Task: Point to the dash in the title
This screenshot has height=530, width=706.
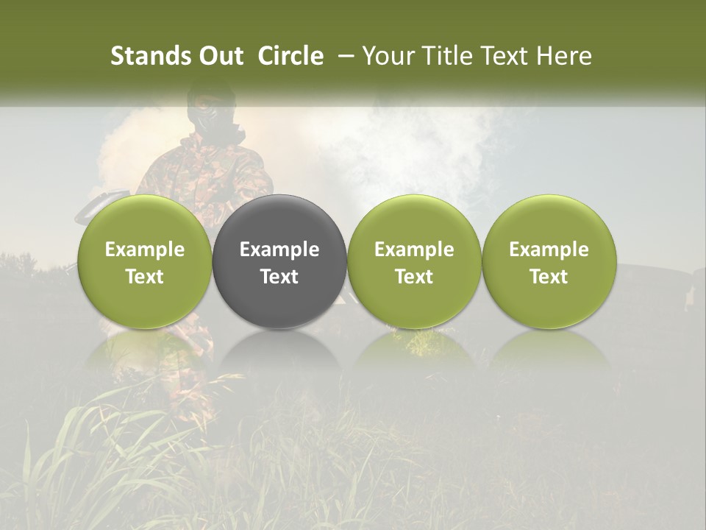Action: point(343,57)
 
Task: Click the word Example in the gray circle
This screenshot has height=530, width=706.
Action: point(279,250)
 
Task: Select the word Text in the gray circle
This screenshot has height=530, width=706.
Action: point(279,277)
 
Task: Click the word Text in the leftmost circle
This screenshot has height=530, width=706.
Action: point(145,277)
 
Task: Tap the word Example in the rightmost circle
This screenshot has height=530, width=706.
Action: point(549,250)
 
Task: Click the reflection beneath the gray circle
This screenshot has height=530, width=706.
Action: point(279,353)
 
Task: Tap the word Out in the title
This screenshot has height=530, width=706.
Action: point(221,56)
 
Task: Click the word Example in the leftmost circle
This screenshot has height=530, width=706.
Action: point(145,250)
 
